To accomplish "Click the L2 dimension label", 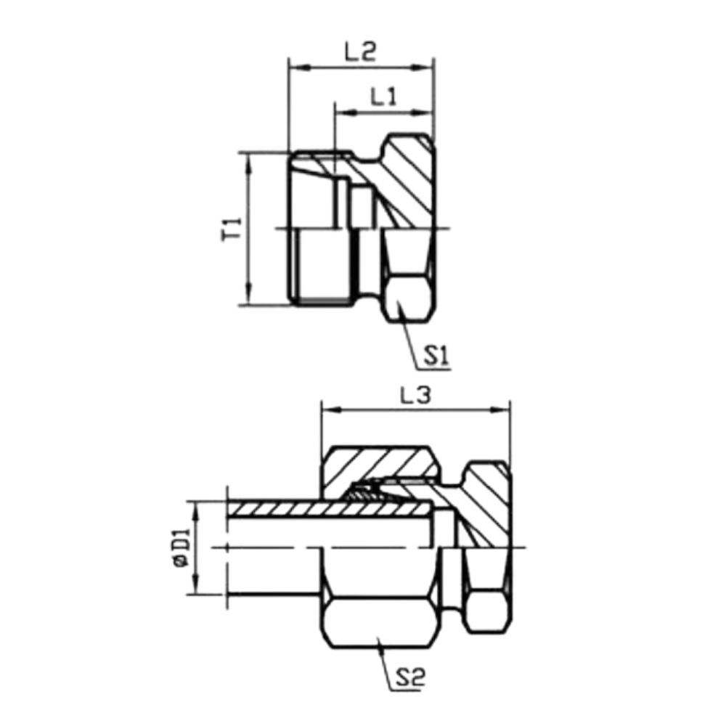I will [x=360, y=52].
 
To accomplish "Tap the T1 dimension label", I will [x=232, y=229].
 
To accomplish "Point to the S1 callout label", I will [x=438, y=356].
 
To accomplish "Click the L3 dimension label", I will [x=415, y=396].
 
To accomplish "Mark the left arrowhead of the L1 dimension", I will [x=341, y=113].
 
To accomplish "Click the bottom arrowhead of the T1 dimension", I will [x=249, y=298].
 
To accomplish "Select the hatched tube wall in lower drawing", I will [x=290, y=510].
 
